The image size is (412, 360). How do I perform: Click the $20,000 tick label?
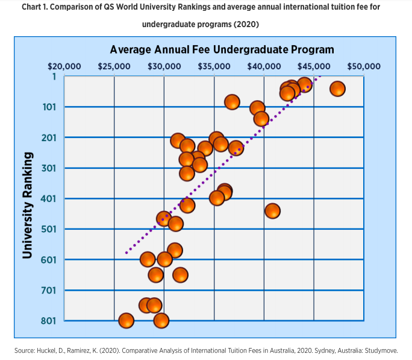[64, 66]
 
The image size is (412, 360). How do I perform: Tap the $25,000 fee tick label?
[114, 66]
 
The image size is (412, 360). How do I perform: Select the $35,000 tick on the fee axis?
[214, 66]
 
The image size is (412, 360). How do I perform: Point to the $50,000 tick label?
[363, 66]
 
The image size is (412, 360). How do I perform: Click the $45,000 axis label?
[313, 66]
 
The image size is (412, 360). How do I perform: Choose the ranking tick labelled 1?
[53, 77]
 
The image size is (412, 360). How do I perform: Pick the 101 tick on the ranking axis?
[48, 107]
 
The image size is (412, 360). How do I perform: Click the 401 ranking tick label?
[48, 198]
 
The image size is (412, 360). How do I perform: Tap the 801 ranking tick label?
[48, 320]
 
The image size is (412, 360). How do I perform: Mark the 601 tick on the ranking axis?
[48, 259]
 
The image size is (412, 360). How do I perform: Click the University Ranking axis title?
[27, 206]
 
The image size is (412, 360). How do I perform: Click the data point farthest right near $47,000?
[337, 89]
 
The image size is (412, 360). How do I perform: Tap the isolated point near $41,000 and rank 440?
[272, 210]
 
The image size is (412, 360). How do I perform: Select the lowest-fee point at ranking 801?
[126, 320]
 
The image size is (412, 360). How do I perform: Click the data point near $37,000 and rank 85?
[232, 103]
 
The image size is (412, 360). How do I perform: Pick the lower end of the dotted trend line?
[126, 253]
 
